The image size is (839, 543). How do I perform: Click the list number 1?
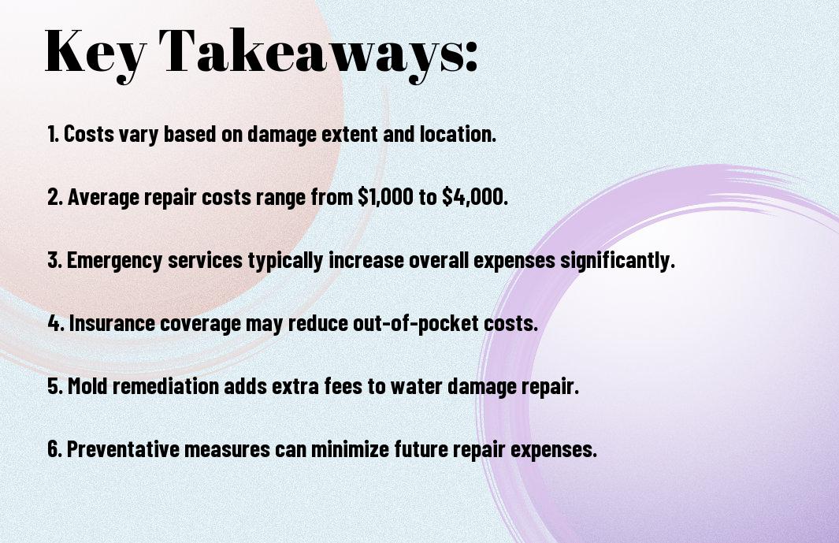point(53,134)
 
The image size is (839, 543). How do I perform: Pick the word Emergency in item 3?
point(114,261)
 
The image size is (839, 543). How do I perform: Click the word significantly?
point(617,261)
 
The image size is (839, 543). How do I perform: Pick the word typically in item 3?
point(285,261)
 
